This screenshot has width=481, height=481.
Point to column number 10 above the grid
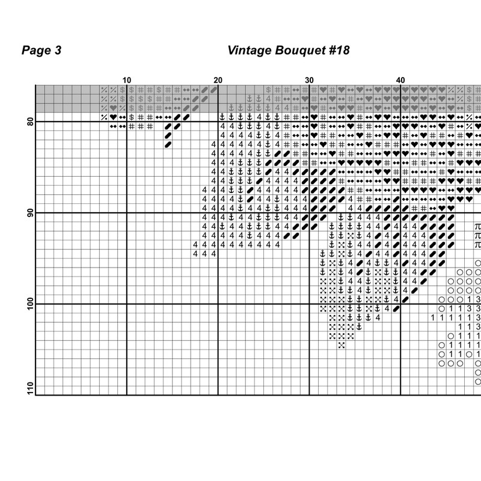[127, 80]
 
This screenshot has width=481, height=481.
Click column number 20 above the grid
[218, 80]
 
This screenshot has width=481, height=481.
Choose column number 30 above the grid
[309, 80]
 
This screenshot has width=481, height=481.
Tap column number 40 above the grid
[400, 80]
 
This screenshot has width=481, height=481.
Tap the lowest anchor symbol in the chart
[359, 326]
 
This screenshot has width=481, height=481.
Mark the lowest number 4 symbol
[378, 317]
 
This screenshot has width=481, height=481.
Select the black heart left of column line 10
[113, 117]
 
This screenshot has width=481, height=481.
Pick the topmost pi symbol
[478, 227]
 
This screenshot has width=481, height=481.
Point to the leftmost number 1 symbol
[432, 317]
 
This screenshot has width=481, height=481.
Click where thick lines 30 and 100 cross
[309, 304]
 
